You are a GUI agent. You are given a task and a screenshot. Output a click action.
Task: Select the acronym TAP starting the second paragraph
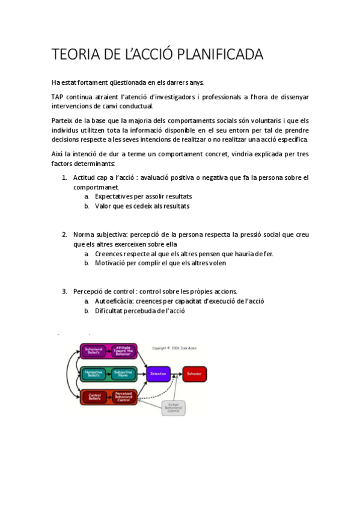58,97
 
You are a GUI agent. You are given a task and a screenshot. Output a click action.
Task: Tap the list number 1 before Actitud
64,177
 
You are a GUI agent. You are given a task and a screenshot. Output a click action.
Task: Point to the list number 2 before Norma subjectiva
64,235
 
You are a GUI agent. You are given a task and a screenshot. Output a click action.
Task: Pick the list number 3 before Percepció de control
64,291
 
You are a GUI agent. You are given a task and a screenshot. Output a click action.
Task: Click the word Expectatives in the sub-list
114,196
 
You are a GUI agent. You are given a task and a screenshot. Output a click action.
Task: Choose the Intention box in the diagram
159,374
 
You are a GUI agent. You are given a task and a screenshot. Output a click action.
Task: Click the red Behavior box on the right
194,374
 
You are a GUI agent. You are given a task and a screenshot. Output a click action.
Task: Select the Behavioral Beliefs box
94,351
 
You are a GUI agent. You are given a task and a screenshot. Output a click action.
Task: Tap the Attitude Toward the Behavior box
123,351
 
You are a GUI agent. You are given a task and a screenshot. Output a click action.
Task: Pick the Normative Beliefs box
94,374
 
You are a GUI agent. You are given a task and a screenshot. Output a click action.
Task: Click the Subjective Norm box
123,374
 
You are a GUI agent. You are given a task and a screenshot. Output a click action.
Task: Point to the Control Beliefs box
94,397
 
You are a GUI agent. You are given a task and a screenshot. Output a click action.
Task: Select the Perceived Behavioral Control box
123,397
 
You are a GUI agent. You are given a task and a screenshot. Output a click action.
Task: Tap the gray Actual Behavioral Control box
173,408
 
